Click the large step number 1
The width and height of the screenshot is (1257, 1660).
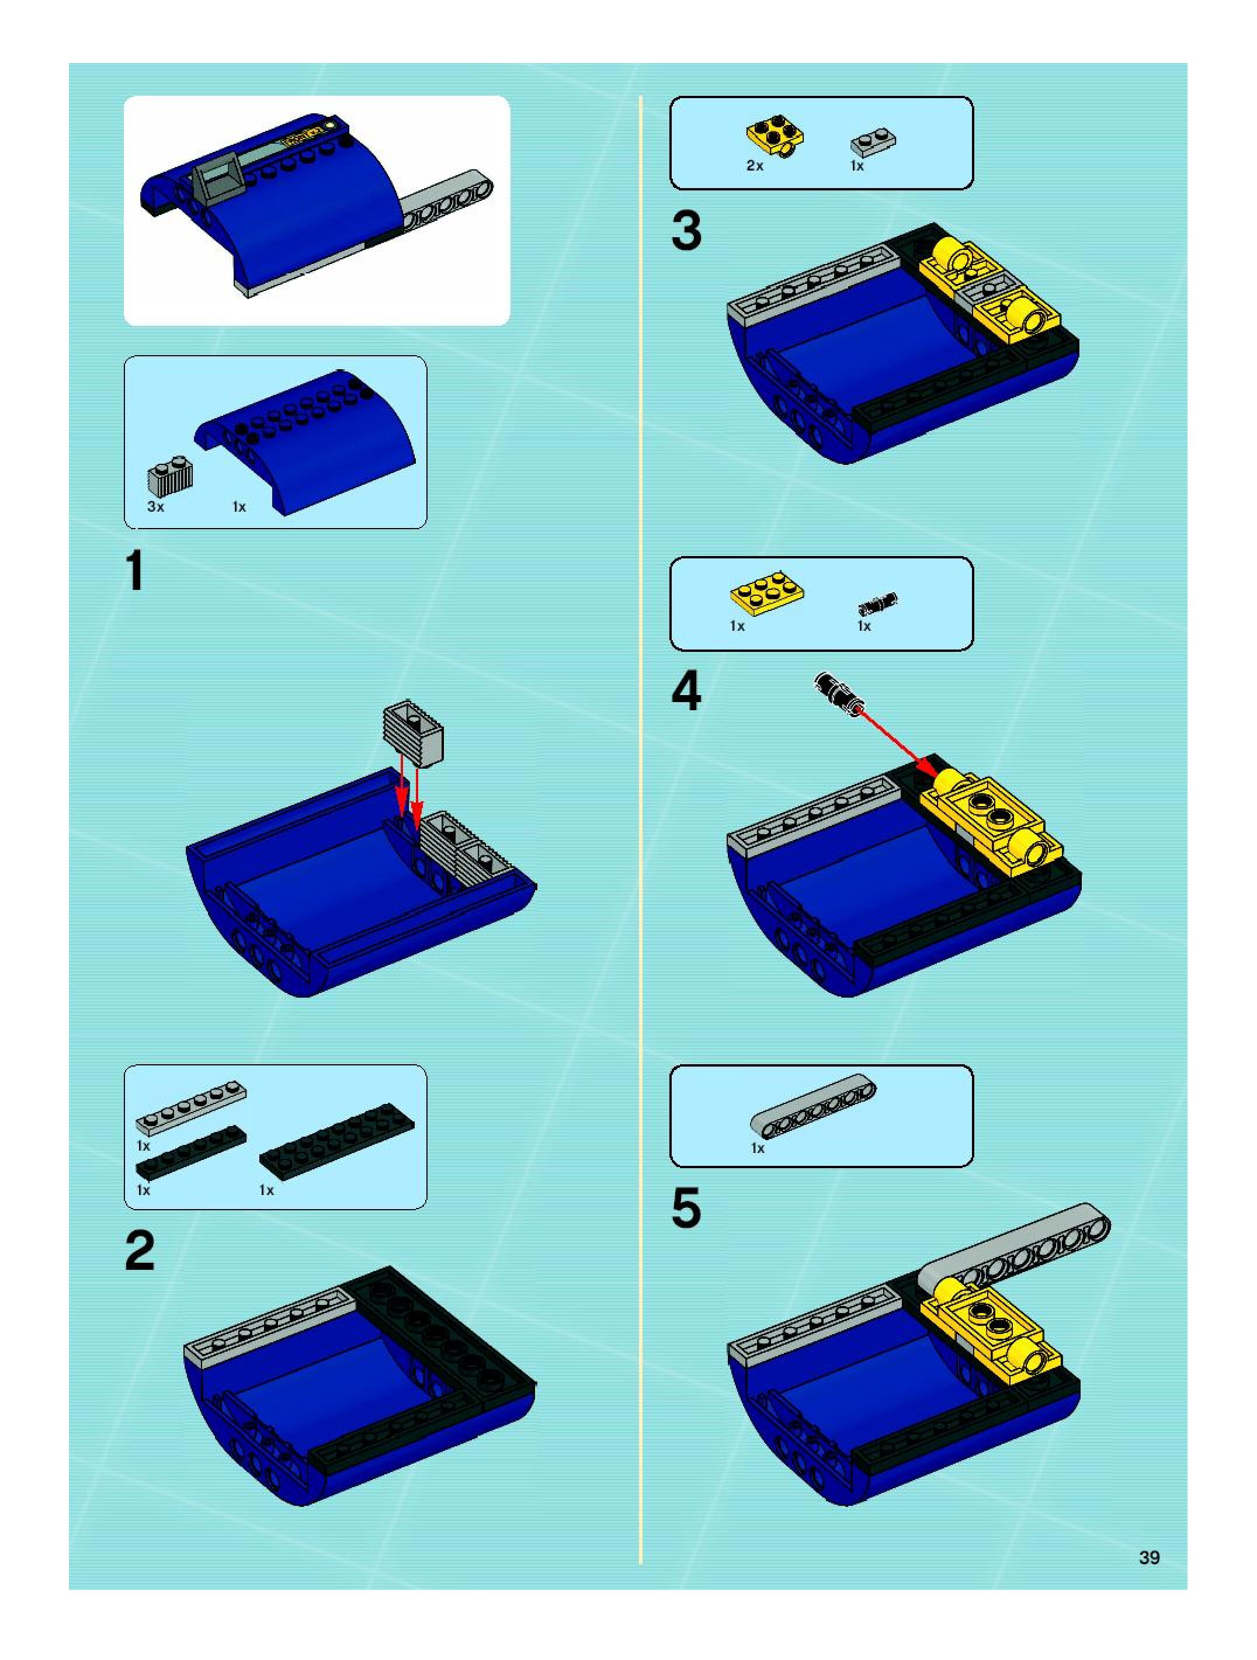pyautogui.click(x=135, y=571)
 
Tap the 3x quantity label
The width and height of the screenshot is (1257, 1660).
pyautogui.click(x=155, y=506)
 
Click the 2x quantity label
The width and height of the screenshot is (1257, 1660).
pyautogui.click(x=755, y=166)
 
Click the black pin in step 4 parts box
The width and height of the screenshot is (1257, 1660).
pyautogui.click(x=877, y=603)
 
